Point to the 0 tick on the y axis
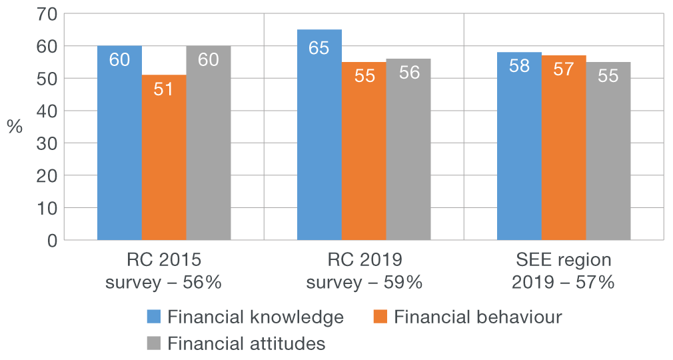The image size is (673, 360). tap(52, 240)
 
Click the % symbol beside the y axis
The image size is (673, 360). tap(15, 127)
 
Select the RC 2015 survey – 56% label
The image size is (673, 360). tap(164, 271)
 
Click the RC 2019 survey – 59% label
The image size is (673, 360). tap(364, 271)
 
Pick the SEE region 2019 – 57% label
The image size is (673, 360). tap(563, 271)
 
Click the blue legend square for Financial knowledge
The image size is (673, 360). tap(154, 317)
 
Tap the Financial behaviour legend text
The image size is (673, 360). tap(478, 317)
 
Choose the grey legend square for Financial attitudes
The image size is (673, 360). tap(154, 343)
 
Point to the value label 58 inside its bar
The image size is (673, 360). tap(519, 67)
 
